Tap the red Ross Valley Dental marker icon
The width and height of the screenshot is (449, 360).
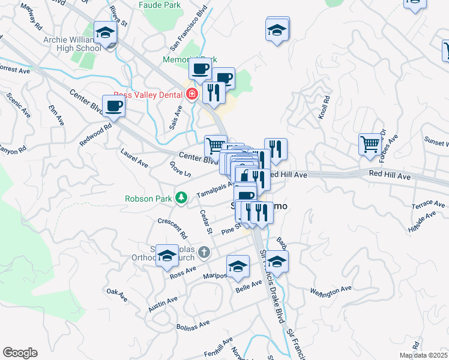pos(192,94)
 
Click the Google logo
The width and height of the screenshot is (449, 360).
pos(20,353)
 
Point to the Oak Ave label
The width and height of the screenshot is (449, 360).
pos(116,295)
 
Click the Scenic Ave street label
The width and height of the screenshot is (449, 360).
pos(19,104)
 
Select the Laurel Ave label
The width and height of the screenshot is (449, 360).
pos(134,158)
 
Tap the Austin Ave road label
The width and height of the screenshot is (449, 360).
pos(163,304)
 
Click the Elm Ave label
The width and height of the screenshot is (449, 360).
pos(56,115)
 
